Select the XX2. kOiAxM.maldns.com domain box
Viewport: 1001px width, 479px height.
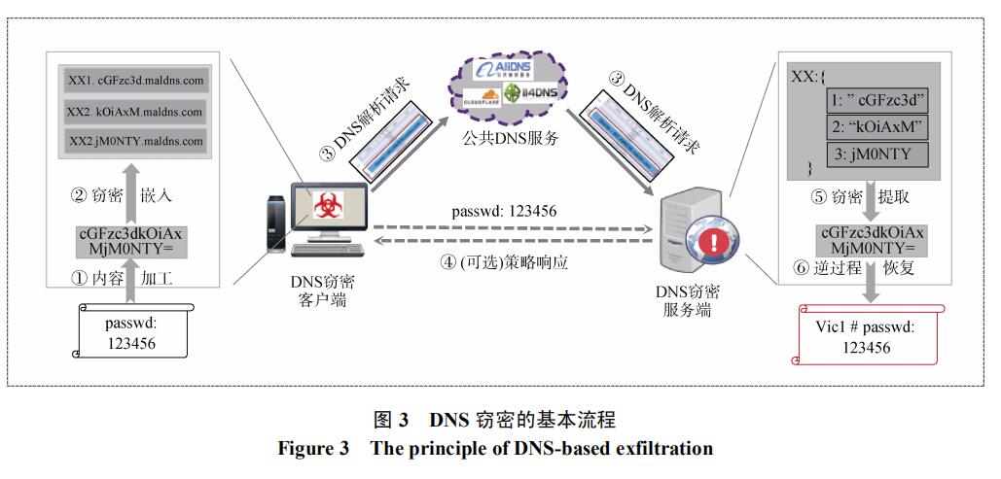tap(136, 112)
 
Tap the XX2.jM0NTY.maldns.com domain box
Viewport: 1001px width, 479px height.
tap(136, 142)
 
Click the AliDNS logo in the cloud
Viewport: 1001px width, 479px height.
tap(500, 69)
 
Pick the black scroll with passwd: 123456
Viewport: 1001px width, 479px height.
tap(130, 333)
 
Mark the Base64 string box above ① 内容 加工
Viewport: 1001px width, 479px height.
tap(129, 241)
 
